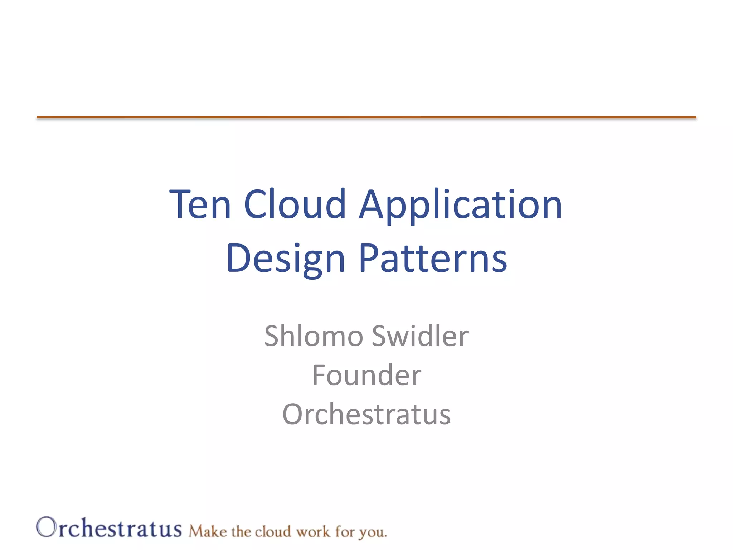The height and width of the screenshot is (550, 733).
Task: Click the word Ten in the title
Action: (x=200, y=205)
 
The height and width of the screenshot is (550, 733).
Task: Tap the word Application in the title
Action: (x=460, y=205)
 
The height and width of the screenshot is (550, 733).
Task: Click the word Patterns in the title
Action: (x=433, y=258)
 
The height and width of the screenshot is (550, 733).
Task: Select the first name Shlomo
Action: (x=314, y=336)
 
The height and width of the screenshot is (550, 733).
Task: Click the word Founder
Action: (x=366, y=375)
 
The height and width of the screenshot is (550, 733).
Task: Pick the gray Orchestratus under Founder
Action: (x=366, y=414)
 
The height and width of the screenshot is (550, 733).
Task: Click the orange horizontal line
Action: (x=366, y=117)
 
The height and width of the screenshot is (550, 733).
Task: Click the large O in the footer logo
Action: (x=46, y=527)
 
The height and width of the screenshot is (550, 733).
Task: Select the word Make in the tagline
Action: (x=208, y=531)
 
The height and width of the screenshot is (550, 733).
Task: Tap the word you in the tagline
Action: (x=373, y=532)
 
